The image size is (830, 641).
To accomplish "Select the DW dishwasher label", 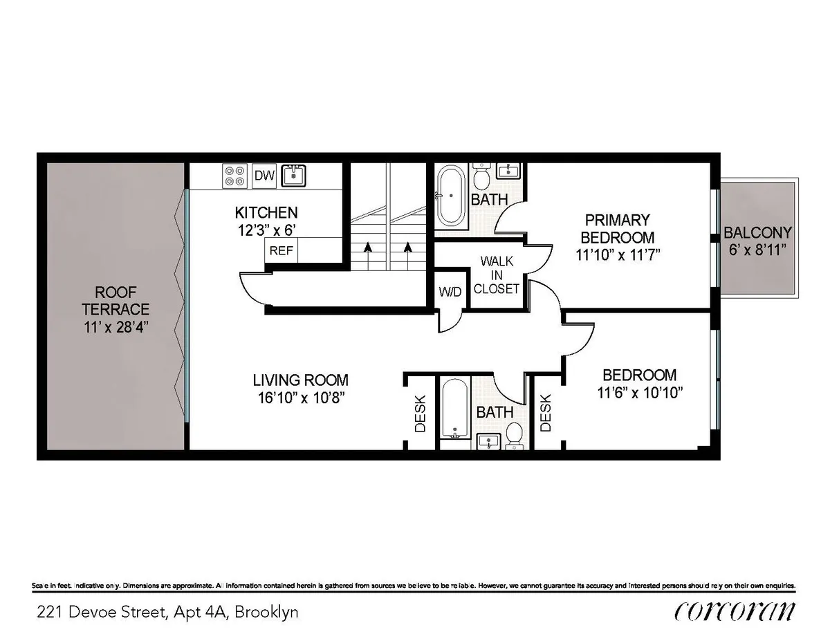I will coord(264,176).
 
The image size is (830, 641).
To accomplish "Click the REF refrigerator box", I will coord(281,251).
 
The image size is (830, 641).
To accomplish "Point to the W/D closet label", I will coord(449,292).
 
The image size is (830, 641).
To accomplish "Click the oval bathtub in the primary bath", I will coord(451,196).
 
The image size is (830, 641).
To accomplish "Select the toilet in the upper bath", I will coord(482,178).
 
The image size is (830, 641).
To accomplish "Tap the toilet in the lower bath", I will coord(514,435).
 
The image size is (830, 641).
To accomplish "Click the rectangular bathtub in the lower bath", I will coord(455,409).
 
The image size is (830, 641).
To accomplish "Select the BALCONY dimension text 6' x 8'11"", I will coord(758,250).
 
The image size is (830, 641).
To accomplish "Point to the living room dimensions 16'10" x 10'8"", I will coord(299,397).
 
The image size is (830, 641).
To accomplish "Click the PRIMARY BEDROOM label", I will coord(618,229).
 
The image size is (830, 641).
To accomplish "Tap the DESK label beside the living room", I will coord(420,413).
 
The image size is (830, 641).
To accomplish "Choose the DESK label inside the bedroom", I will coord(546,413).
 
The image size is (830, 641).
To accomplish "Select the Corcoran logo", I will coord(734,611).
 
